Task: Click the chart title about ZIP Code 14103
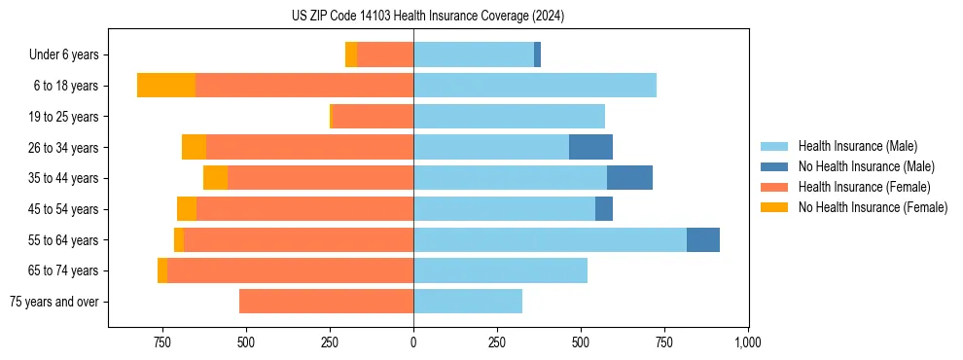coord(428,17)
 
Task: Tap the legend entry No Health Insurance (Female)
coord(873,207)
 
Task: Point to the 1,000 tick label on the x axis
coord(747,342)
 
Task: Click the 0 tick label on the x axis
coord(413,342)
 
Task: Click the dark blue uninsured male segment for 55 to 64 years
coord(703,239)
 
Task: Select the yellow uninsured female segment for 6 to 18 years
coord(166,86)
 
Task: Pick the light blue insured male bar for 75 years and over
coord(468,302)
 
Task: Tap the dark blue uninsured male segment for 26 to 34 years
coord(590,147)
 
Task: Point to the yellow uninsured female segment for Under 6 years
coord(351,54)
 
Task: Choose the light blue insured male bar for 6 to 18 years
coord(535,86)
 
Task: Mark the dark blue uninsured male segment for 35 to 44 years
coord(629,178)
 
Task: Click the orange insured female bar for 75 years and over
coord(326,302)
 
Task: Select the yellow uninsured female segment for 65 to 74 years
coord(162,270)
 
